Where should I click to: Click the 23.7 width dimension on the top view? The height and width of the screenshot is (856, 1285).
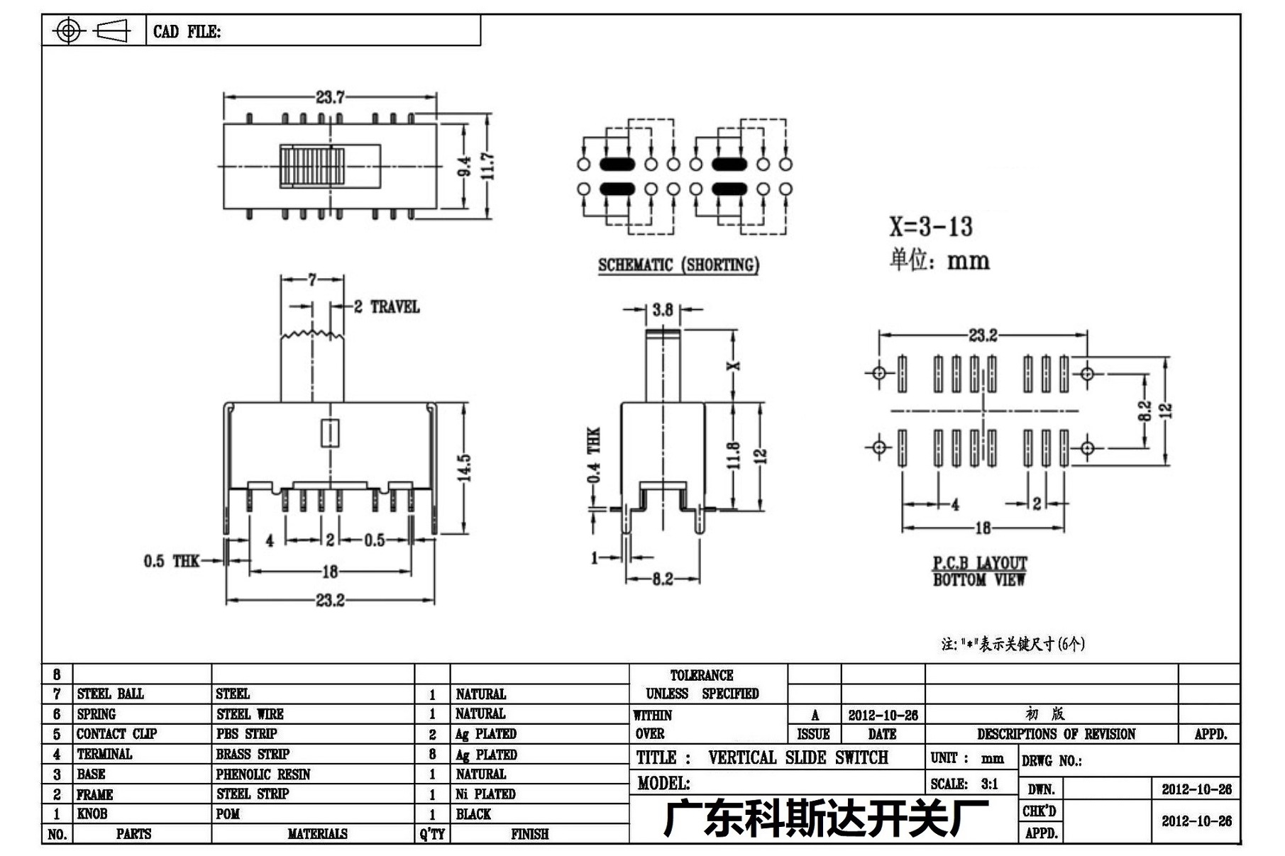pos(330,96)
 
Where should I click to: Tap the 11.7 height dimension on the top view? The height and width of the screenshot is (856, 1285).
pos(487,167)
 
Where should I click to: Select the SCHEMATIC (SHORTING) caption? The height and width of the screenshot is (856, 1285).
pos(678,265)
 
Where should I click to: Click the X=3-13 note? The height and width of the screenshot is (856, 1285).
pos(931,226)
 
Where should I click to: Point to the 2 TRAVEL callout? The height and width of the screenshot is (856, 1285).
pos(387,307)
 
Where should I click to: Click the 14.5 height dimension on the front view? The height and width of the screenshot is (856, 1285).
pos(464,468)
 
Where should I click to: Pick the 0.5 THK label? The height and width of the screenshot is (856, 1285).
pos(172,562)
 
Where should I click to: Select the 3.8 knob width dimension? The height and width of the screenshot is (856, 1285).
pos(663,310)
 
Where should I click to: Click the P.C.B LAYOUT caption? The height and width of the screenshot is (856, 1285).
pos(980,563)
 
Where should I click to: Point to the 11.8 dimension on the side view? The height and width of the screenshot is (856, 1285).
pos(734,455)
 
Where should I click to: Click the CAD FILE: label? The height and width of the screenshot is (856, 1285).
pos(187,32)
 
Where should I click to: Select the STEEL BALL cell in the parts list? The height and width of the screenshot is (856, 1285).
pos(110,694)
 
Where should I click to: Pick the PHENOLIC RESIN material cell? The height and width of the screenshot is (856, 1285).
pos(263,774)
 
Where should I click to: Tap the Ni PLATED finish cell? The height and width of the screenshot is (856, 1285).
pos(485,794)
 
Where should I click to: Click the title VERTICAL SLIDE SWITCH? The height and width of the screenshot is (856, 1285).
pos(798,758)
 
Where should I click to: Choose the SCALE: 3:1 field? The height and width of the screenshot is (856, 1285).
pos(964,784)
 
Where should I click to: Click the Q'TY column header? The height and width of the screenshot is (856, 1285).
pos(432,834)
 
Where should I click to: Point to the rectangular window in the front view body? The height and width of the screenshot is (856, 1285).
pos(330,433)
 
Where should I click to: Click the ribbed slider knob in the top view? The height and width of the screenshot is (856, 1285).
pos(311,167)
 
